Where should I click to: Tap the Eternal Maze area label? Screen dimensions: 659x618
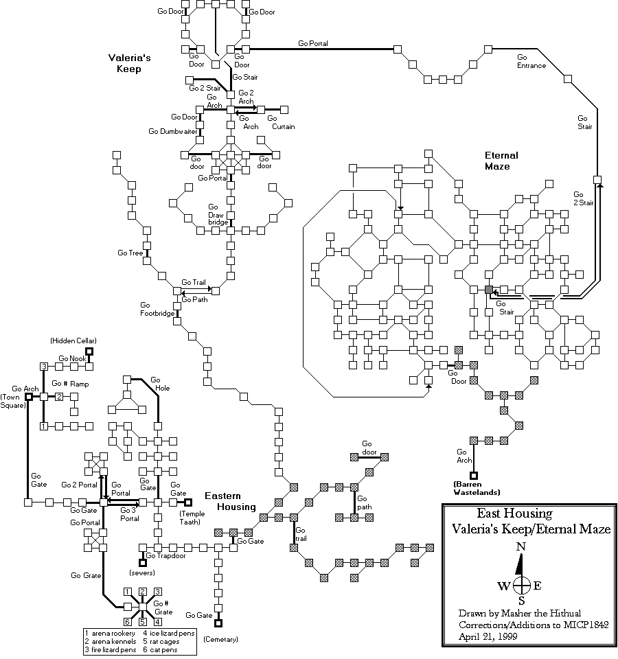(501, 161)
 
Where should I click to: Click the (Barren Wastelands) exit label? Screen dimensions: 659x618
(473, 488)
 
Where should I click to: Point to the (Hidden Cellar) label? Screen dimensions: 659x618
(73, 341)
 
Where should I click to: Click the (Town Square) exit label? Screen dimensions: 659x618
(13, 401)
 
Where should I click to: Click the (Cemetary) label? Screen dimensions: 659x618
(220, 639)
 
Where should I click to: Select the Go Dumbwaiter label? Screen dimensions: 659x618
(173, 131)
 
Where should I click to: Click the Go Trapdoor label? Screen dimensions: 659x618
(166, 556)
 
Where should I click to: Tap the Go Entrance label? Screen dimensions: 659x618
(531, 61)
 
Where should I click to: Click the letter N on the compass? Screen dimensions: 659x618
(522, 546)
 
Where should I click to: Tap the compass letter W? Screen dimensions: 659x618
(503, 586)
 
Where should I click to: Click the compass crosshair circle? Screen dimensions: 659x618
(522, 586)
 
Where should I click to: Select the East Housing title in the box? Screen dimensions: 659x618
(514, 514)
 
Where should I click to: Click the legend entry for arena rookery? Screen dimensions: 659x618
(110, 632)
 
